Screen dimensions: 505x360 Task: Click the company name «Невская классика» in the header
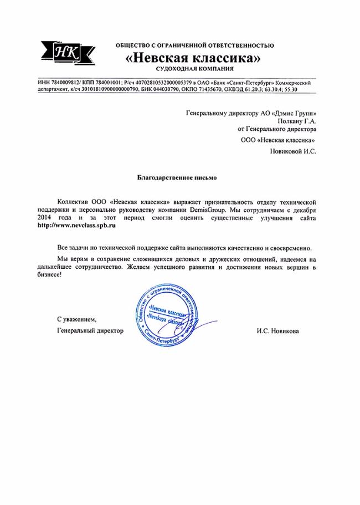194,57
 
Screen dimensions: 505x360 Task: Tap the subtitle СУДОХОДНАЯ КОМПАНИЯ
194,68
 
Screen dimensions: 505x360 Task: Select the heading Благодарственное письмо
177,178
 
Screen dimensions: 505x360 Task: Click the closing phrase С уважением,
77,320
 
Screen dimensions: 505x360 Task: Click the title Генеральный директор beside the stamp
90,331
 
